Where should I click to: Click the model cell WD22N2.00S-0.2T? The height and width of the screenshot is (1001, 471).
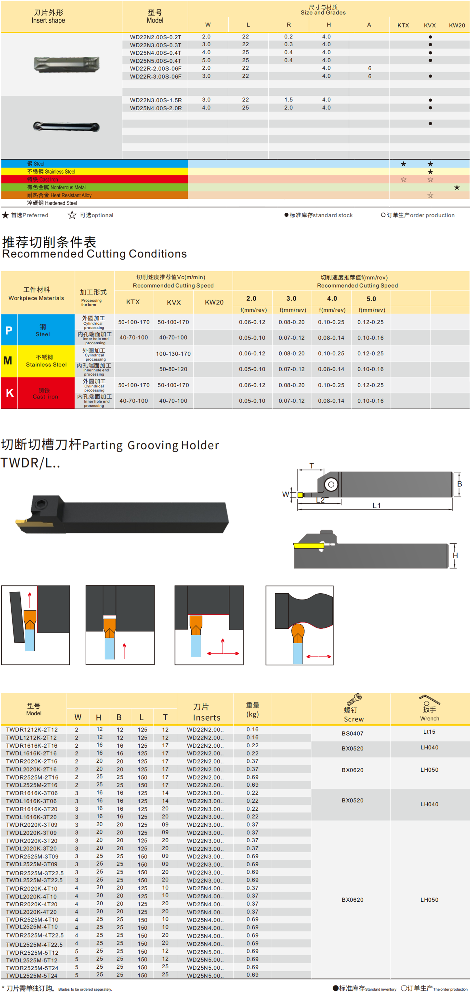click(156, 37)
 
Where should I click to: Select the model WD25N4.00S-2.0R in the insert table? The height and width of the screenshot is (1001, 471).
click(156, 108)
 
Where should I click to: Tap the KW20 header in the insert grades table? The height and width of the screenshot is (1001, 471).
click(457, 25)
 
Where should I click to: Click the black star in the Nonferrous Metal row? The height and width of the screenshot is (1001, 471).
click(457, 188)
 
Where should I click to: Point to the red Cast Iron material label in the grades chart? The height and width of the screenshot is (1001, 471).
click(42, 180)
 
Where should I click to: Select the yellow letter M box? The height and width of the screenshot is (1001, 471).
click(9, 361)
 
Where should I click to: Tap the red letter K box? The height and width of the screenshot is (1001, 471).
click(9, 393)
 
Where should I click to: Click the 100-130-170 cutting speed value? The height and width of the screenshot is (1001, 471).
click(173, 354)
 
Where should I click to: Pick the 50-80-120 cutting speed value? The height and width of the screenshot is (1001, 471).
click(173, 369)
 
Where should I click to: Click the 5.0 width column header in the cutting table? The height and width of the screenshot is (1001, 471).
click(371, 299)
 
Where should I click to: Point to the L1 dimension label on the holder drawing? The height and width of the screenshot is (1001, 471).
click(377, 506)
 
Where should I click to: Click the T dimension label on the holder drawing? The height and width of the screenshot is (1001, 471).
click(312, 466)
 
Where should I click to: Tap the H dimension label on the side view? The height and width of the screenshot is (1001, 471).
click(456, 556)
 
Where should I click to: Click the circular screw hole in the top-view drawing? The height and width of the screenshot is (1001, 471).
click(331, 485)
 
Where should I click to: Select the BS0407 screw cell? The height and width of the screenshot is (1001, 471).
click(353, 734)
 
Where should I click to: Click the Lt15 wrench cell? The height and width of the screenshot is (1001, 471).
click(429, 732)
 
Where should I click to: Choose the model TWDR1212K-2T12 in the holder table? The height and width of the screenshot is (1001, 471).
click(32, 730)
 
